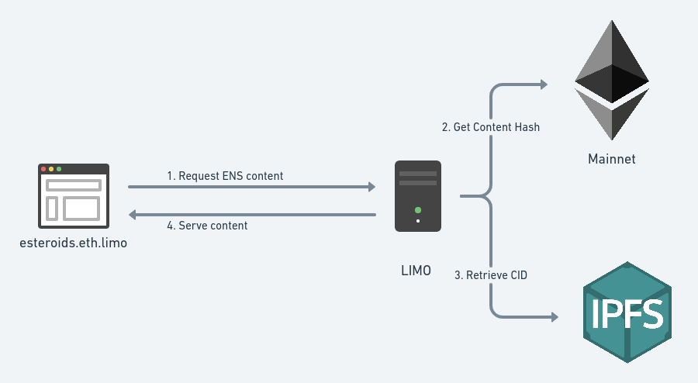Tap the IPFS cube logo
627,312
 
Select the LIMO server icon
418,196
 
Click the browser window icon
74,197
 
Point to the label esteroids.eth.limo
74,243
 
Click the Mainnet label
611,159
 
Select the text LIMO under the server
416,271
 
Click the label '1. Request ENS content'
225,176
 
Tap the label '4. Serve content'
207,226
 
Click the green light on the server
418,209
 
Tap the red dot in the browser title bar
43,169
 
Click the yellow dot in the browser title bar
51,169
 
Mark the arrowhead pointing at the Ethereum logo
544,84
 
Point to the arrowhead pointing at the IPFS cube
553,317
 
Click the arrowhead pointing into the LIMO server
371,187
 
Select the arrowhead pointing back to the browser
133,215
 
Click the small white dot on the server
418,221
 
